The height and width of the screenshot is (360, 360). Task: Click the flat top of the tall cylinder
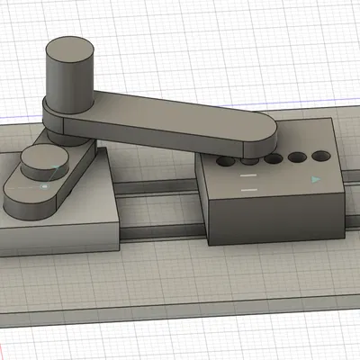coord(71,49)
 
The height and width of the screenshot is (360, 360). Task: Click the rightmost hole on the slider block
coord(319,157)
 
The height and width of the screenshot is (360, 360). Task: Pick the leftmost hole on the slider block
coord(226,163)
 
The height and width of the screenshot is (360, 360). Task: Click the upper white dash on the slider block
coord(249,177)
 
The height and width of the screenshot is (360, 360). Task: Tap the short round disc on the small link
coord(39,161)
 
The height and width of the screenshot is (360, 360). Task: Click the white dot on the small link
coord(42,186)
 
